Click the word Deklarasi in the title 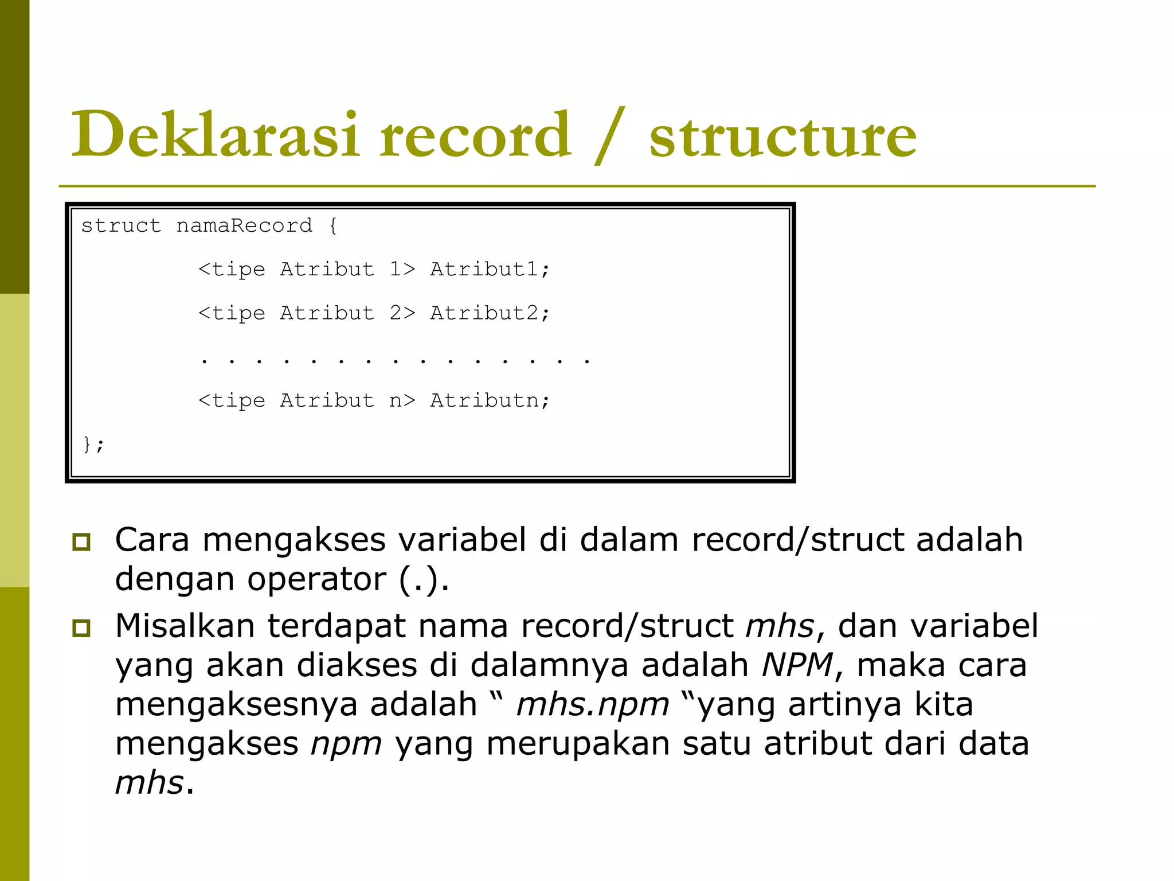click(x=214, y=134)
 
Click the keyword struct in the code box click(x=121, y=225)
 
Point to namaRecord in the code click(x=244, y=225)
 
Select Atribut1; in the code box click(x=490, y=269)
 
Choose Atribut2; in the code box click(x=490, y=313)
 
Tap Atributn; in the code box click(x=490, y=400)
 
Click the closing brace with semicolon click(x=93, y=444)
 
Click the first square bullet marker click(x=81, y=541)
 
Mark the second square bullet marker click(x=81, y=628)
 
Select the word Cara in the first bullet click(x=152, y=540)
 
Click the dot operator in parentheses click(x=424, y=579)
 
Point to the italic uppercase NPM click(x=797, y=665)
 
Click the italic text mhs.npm click(x=592, y=705)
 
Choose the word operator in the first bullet click(x=316, y=579)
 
